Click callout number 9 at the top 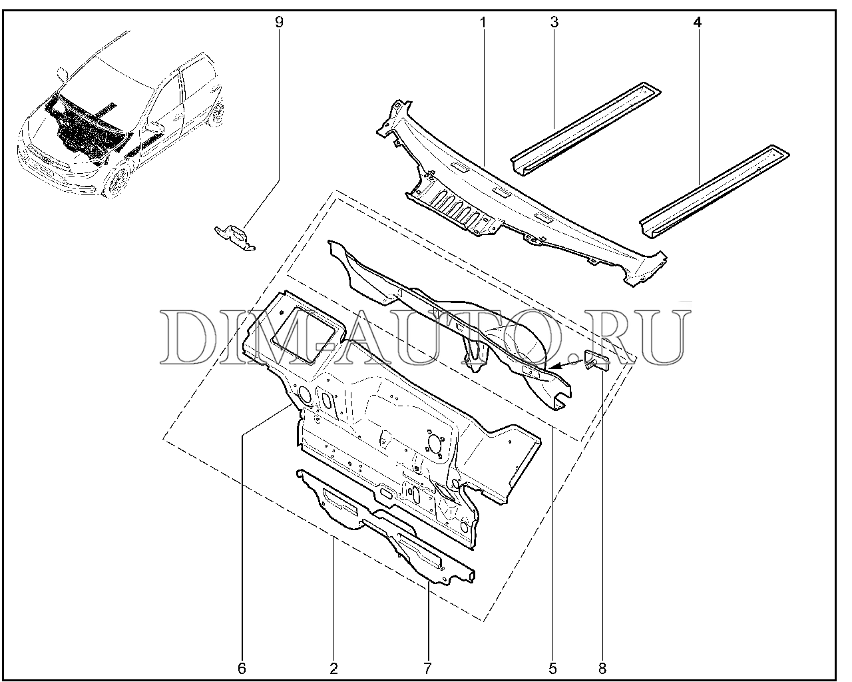tap(279, 22)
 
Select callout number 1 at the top tap(483, 22)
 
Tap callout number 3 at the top tap(554, 22)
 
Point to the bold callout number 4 tap(698, 22)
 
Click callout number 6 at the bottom tap(242, 669)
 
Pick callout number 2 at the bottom tap(333, 669)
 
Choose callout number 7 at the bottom tap(427, 669)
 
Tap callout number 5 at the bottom tap(552, 669)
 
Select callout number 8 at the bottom tap(602, 669)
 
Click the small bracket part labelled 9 tap(234, 236)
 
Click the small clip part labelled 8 tap(596, 361)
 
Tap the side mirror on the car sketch tap(62, 73)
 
